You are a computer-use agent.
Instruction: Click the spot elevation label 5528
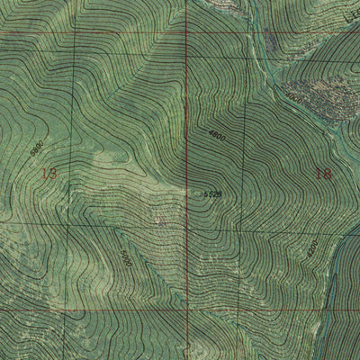(x=212, y=193)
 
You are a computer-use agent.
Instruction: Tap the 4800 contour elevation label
(x=217, y=138)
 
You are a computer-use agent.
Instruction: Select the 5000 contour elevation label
(x=125, y=259)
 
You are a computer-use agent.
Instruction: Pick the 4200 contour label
(x=312, y=247)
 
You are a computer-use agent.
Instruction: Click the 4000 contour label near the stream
(x=292, y=93)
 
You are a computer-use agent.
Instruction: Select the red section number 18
(x=324, y=172)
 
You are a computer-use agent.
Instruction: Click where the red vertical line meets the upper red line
(x=186, y=33)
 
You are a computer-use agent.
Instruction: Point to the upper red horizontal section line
(x=90, y=34)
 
